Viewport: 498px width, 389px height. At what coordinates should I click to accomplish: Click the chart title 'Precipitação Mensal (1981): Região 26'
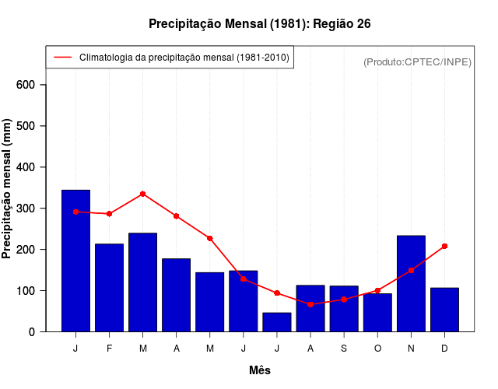pos(259,24)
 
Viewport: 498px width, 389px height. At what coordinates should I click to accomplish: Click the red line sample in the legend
pos(62,58)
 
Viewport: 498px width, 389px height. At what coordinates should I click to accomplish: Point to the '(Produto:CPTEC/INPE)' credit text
pos(417,61)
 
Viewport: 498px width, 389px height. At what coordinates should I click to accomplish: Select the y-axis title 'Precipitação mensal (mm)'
pos(7,189)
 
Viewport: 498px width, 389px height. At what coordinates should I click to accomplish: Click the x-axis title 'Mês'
pos(259,370)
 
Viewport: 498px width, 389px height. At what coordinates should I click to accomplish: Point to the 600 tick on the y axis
pos(31,85)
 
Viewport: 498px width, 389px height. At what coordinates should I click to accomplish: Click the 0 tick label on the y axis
pos(31,332)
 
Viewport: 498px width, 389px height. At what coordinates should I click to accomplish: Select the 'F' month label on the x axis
pos(109,349)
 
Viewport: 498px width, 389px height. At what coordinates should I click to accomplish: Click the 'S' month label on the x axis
pos(344,349)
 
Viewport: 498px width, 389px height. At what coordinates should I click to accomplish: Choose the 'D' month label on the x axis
pos(444,349)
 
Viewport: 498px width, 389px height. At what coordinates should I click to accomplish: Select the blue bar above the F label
pos(109,288)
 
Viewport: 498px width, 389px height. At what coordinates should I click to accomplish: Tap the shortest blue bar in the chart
pos(277,322)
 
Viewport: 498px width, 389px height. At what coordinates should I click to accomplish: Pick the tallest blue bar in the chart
pos(75,261)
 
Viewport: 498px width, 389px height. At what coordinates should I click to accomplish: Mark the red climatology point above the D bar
pos(444,246)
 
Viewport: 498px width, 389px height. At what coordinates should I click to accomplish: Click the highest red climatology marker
pos(142,194)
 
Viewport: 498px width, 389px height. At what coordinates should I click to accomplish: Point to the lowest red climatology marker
pos(310,304)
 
